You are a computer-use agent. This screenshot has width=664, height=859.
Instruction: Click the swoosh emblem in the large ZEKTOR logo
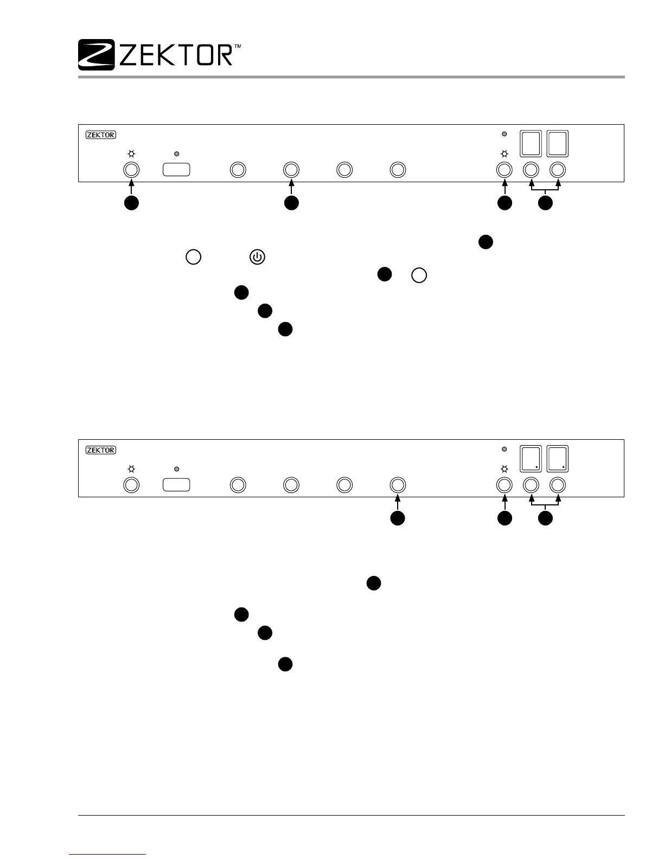[96, 54]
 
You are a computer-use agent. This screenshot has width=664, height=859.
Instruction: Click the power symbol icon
[257, 257]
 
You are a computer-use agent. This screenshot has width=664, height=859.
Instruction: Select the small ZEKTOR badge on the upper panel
[101, 134]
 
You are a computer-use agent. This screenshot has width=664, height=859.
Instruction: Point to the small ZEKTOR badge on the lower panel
[101, 450]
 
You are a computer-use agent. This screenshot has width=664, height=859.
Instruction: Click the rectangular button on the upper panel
[176, 170]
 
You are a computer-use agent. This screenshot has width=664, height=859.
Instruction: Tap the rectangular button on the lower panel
[176, 484]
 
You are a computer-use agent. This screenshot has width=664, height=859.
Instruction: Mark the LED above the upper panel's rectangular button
[176, 154]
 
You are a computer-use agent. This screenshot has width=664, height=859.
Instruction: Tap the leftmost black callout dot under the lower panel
[398, 518]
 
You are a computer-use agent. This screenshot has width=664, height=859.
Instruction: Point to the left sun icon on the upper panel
[131, 154]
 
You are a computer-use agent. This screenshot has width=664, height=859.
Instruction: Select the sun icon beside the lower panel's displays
[505, 469]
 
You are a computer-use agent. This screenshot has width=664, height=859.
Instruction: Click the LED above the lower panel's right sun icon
[505, 449]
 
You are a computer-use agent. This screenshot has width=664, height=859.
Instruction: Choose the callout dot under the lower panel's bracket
[545, 518]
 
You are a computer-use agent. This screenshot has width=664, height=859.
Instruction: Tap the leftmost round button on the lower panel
[131, 484]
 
